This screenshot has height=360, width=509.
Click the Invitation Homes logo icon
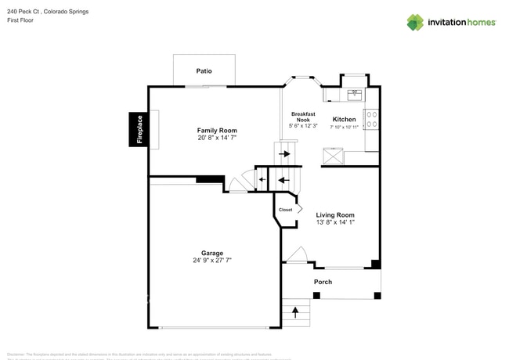click(x=414, y=22)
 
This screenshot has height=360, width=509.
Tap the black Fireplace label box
click(x=139, y=129)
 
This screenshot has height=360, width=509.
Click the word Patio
click(x=204, y=70)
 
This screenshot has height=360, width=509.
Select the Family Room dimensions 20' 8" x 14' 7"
click(x=217, y=138)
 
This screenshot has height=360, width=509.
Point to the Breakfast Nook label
click(x=303, y=117)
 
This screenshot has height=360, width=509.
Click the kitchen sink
click(x=354, y=94)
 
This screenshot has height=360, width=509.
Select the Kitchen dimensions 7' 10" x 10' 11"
click(x=344, y=127)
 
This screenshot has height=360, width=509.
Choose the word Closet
click(x=285, y=210)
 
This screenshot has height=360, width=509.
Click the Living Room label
click(x=335, y=215)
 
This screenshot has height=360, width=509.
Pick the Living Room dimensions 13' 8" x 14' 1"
click(x=335, y=223)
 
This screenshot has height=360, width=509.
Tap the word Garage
click(x=211, y=253)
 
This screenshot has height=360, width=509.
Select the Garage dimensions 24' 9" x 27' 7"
click(x=211, y=261)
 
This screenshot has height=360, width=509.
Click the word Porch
click(x=323, y=282)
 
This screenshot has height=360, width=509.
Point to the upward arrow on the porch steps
click(x=295, y=312)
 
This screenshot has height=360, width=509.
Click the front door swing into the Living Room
click(x=297, y=255)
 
